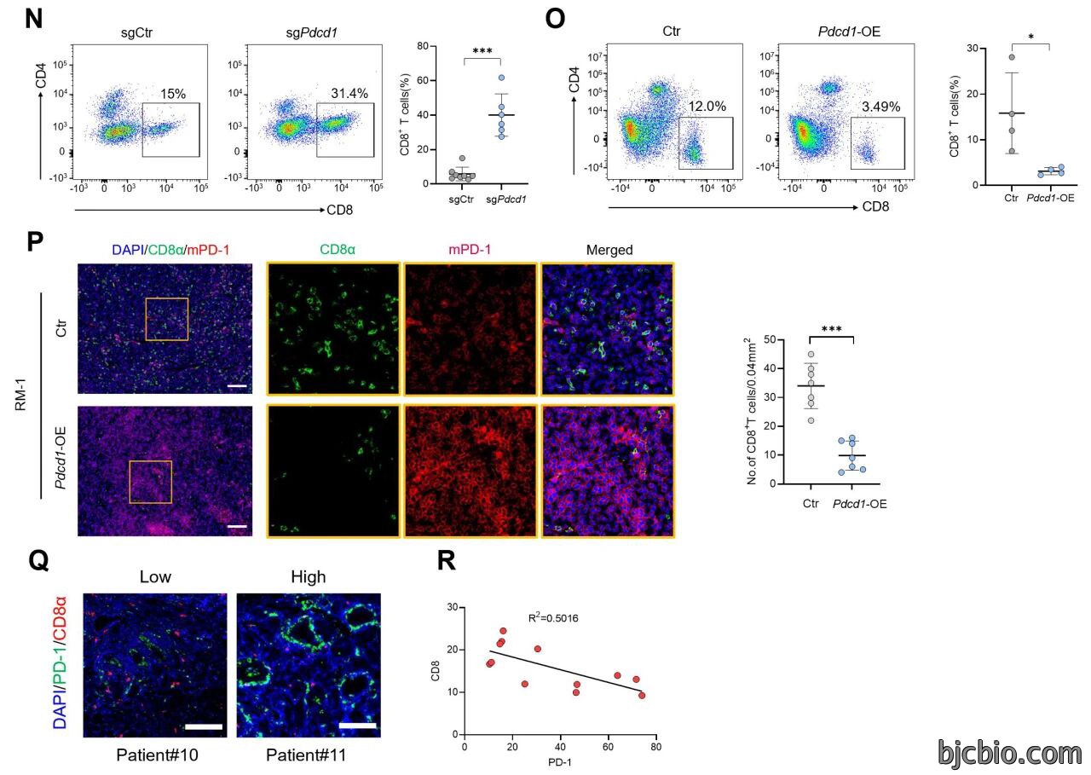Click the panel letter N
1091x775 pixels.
tap(33, 19)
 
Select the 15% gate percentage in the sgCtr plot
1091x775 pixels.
tap(173, 94)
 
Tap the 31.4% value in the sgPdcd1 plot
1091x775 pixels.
tap(349, 93)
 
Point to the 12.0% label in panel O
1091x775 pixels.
tap(707, 107)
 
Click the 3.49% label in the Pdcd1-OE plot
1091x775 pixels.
tap(881, 107)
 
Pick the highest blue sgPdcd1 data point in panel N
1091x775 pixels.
tap(502, 78)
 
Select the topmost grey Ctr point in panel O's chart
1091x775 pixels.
tap(1012, 57)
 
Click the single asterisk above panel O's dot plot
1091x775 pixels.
tap(1031, 37)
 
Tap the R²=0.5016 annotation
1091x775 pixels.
tap(553, 618)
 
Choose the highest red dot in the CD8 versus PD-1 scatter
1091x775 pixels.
tap(503, 631)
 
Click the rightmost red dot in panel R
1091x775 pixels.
tap(642, 696)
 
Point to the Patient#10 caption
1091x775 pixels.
tap(157, 755)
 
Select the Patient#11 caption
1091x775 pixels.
tap(306, 755)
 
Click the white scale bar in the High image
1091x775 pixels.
tap(357, 726)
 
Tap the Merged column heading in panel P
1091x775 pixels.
tap(609, 250)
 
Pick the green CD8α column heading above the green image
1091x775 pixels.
tap(338, 250)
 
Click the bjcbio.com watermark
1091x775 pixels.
tap(1009, 754)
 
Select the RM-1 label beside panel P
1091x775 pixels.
tap(20, 395)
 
